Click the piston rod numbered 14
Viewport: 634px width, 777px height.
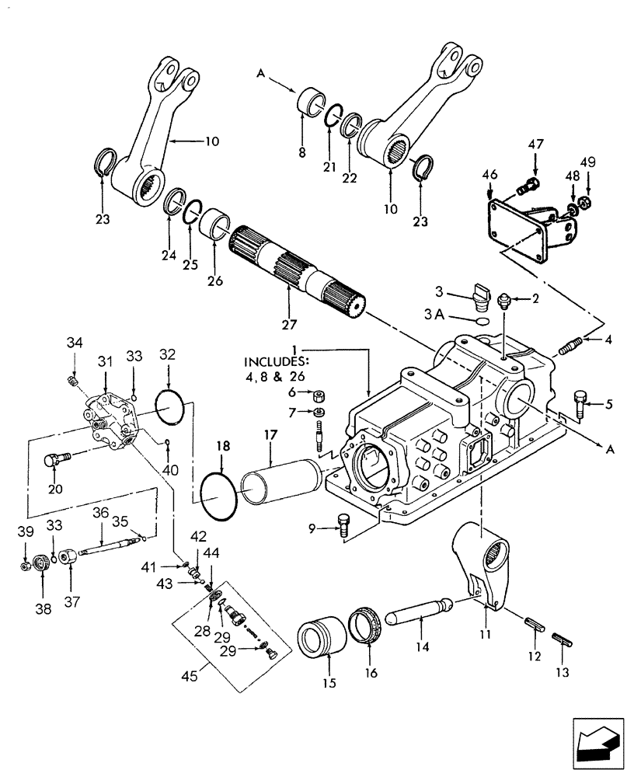[x=419, y=610]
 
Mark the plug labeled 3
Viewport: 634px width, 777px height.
[x=479, y=296]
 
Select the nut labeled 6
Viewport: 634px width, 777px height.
[x=318, y=394]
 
